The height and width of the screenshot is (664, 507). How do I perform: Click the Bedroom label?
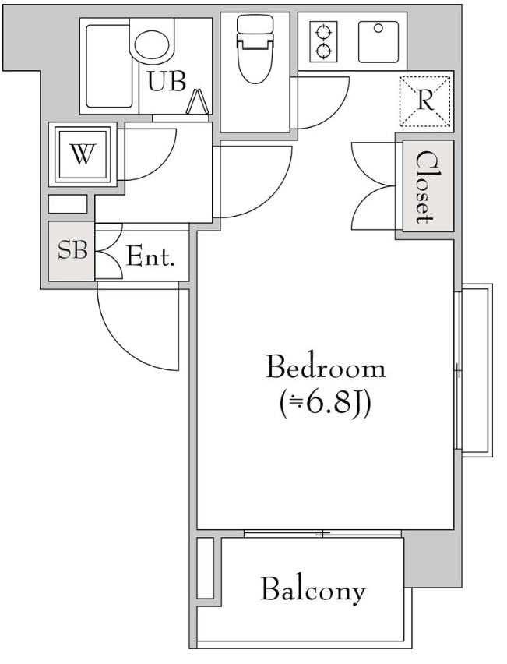coord(326,368)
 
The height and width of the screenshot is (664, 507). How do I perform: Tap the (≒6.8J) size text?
coord(325,404)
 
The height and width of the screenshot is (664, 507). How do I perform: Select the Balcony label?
coord(313,590)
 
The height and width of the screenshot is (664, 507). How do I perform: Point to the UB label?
coord(167,81)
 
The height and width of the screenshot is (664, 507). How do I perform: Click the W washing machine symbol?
coord(83,154)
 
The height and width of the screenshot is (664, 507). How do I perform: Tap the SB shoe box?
coord(72,251)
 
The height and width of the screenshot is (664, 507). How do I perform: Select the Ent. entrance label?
coord(150,256)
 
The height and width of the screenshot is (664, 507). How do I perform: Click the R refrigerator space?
coord(425,101)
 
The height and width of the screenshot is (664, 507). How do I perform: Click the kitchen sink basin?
coord(378,42)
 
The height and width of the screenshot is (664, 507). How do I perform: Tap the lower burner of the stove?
coord(323,51)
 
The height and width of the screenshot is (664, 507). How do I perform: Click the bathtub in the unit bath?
coord(108,66)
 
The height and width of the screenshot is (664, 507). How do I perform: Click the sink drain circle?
coord(378,28)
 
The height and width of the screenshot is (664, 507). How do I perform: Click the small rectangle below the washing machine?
coord(68,203)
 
